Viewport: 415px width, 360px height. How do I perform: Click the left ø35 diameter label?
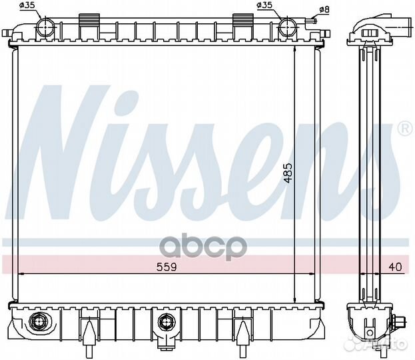[x=29, y=6]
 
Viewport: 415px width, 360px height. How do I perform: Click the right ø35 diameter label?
[x=264, y=6]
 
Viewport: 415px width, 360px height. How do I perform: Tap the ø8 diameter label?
[x=324, y=9]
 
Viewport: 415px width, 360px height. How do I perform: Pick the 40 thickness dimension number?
[x=395, y=267]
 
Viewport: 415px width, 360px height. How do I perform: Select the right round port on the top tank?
[x=287, y=27]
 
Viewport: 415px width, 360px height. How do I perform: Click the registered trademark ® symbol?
[x=404, y=127]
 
